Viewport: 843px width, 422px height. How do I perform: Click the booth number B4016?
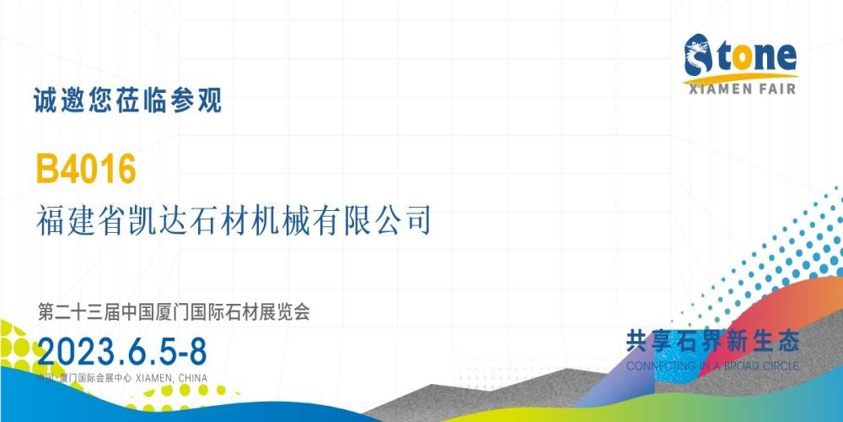(86, 169)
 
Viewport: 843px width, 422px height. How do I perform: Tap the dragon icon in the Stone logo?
(698, 55)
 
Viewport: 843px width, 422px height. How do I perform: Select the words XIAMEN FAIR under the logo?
(741, 89)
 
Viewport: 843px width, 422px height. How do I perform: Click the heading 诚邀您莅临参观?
(127, 100)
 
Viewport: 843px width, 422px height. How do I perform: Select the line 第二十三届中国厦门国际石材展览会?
(174, 311)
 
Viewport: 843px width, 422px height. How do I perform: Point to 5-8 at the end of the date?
(182, 353)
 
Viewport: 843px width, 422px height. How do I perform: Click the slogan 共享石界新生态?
(712, 342)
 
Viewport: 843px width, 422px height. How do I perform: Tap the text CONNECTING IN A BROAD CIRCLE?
(712, 366)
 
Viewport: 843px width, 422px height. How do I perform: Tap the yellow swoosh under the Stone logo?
(740, 78)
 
